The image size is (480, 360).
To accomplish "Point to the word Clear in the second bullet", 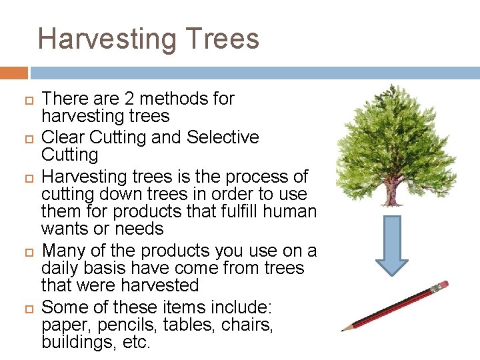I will (63, 137).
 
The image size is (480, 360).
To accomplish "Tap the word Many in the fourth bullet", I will (63, 251).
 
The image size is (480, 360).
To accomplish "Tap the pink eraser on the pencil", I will (441, 286).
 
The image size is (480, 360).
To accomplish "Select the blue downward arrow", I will (392, 245).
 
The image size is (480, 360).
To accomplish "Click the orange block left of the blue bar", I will (13, 73).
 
